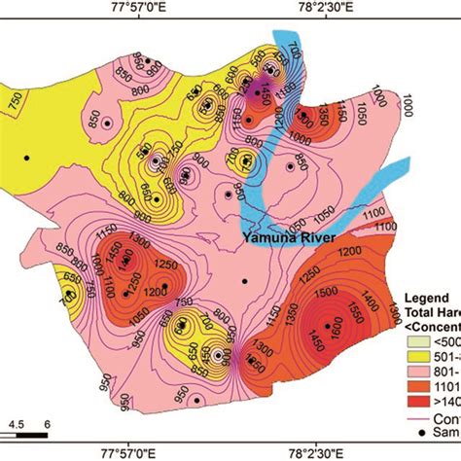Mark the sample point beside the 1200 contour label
tap(164, 286)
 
